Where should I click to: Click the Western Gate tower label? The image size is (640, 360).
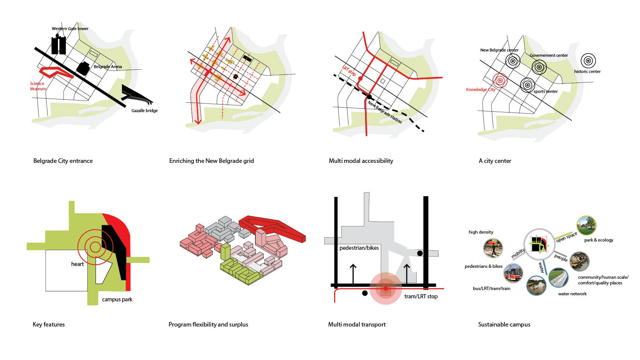[70, 29]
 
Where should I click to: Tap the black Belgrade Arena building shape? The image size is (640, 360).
[83, 68]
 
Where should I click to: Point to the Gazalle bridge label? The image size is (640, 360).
[144, 111]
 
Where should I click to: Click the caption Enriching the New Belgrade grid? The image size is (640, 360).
[211, 161]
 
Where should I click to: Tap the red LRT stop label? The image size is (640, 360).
[349, 71]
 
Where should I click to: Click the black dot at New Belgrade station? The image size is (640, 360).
[369, 97]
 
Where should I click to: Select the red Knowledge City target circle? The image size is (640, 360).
[500, 80]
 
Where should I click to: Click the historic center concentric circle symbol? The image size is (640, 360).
[588, 61]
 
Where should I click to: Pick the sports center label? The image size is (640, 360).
[546, 91]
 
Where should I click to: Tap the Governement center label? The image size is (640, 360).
[549, 55]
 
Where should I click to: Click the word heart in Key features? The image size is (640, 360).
[78, 264]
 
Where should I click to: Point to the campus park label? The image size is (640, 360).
[117, 299]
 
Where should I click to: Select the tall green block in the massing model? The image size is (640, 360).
[225, 252]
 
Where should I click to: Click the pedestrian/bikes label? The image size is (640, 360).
[359, 248]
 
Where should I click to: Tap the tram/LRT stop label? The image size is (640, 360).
[421, 296]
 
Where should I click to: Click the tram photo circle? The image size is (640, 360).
[513, 273]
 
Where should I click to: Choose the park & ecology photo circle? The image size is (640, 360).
[586, 225]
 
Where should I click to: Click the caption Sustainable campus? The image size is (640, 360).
[504, 324]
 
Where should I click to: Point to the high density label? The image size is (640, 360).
[480, 232]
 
